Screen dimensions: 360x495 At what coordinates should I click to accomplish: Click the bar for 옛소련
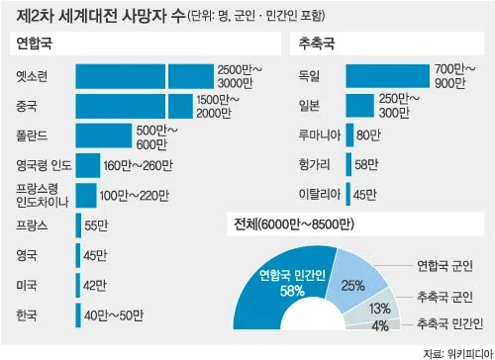[145, 75]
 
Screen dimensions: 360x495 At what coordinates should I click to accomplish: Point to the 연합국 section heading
[34, 44]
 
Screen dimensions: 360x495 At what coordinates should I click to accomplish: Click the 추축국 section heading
[314, 44]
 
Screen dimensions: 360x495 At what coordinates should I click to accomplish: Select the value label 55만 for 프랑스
[96, 226]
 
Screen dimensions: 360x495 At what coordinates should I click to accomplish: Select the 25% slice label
[351, 285]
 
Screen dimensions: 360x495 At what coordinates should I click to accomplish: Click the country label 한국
[28, 315]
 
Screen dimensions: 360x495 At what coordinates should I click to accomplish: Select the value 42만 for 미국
[96, 286]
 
